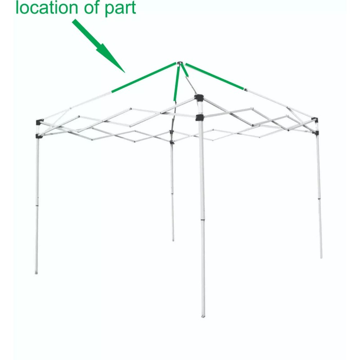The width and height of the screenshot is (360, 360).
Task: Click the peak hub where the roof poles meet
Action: (x=179, y=64)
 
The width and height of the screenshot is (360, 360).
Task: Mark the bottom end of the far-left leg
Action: (x=37, y=272)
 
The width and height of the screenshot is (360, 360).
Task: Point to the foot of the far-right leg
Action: (x=321, y=257)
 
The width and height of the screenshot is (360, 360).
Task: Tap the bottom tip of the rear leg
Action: (x=173, y=240)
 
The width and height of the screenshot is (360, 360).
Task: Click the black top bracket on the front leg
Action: (x=198, y=98)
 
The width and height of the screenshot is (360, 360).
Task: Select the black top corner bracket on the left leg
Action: (x=39, y=122)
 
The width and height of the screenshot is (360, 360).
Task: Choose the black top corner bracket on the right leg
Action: (x=316, y=121)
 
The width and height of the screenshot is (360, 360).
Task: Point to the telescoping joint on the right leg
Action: (x=319, y=198)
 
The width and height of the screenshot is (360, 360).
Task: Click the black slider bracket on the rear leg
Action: (x=171, y=143)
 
